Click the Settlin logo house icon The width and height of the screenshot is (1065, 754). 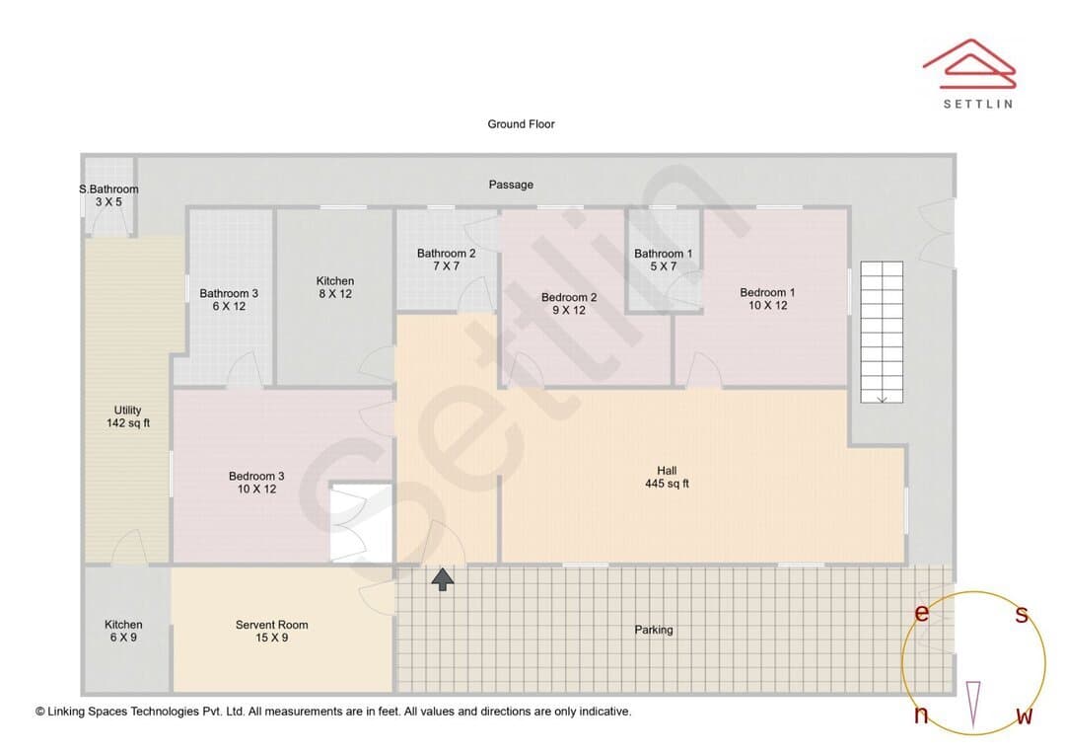(x=969, y=64)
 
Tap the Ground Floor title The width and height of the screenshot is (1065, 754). (x=521, y=123)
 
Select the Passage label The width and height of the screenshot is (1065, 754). (x=511, y=185)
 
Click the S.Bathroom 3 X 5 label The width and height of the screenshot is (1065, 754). (x=108, y=195)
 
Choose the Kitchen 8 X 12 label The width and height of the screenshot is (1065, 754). (x=335, y=287)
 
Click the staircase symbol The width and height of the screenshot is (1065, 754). (x=882, y=332)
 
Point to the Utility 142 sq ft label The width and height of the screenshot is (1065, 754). (x=127, y=416)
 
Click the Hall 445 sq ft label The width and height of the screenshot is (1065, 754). (x=667, y=477)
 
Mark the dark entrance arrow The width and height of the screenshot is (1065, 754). (x=443, y=579)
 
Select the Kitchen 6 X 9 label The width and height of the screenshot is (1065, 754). (x=123, y=631)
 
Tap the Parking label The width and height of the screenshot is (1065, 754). (x=654, y=630)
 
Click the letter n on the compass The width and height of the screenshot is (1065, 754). (x=921, y=715)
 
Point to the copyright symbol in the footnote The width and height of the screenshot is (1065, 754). (x=40, y=712)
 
